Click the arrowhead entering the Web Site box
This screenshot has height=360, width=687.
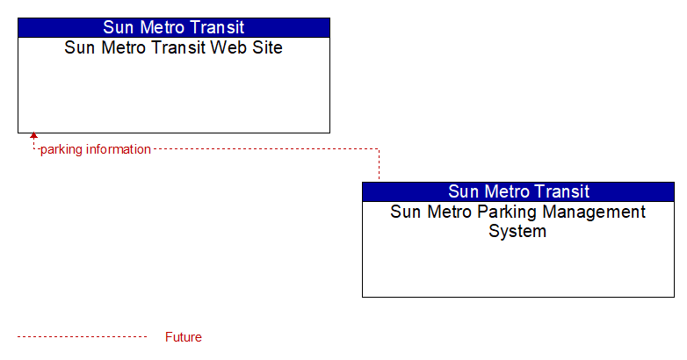point(33,136)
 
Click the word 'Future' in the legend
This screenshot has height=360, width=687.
point(183,337)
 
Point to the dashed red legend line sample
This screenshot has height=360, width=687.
point(82,337)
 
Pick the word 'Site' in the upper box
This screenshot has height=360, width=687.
point(267,47)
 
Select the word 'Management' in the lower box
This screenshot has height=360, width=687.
point(594,212)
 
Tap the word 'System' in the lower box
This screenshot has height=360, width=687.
point(517,231)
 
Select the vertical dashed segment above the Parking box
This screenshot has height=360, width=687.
point(379,164)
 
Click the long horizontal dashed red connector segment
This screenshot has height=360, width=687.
point(265,149)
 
